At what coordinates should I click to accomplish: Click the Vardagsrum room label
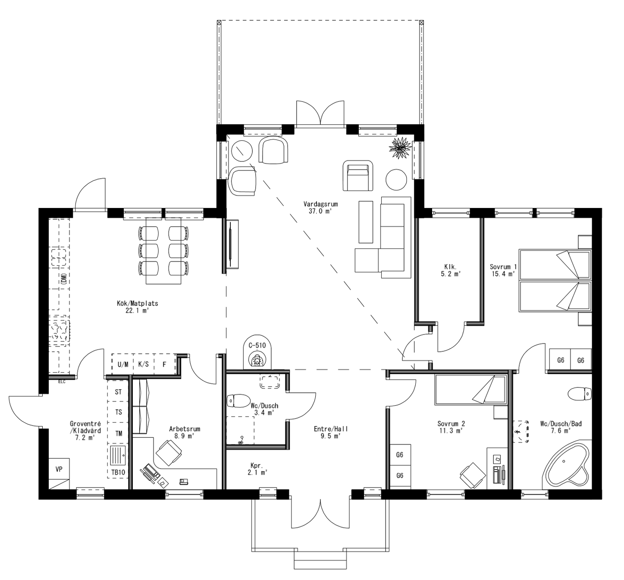[x=320, y=204]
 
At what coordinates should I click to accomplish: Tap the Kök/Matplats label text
[x=137, y=303]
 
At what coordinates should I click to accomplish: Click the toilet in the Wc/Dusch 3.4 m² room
[x=238, y=400]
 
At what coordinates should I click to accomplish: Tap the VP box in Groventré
[x=59, y=469]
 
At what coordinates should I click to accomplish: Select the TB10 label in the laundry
[x=118, y=473]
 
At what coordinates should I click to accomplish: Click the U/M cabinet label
[x=123, y=365]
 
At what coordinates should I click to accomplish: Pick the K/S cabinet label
[x=143, y=365]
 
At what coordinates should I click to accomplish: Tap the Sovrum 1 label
[x=503, y=270]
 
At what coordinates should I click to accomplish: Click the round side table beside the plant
[x=396, y=179]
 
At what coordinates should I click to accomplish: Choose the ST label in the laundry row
[x=118, y=392]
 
